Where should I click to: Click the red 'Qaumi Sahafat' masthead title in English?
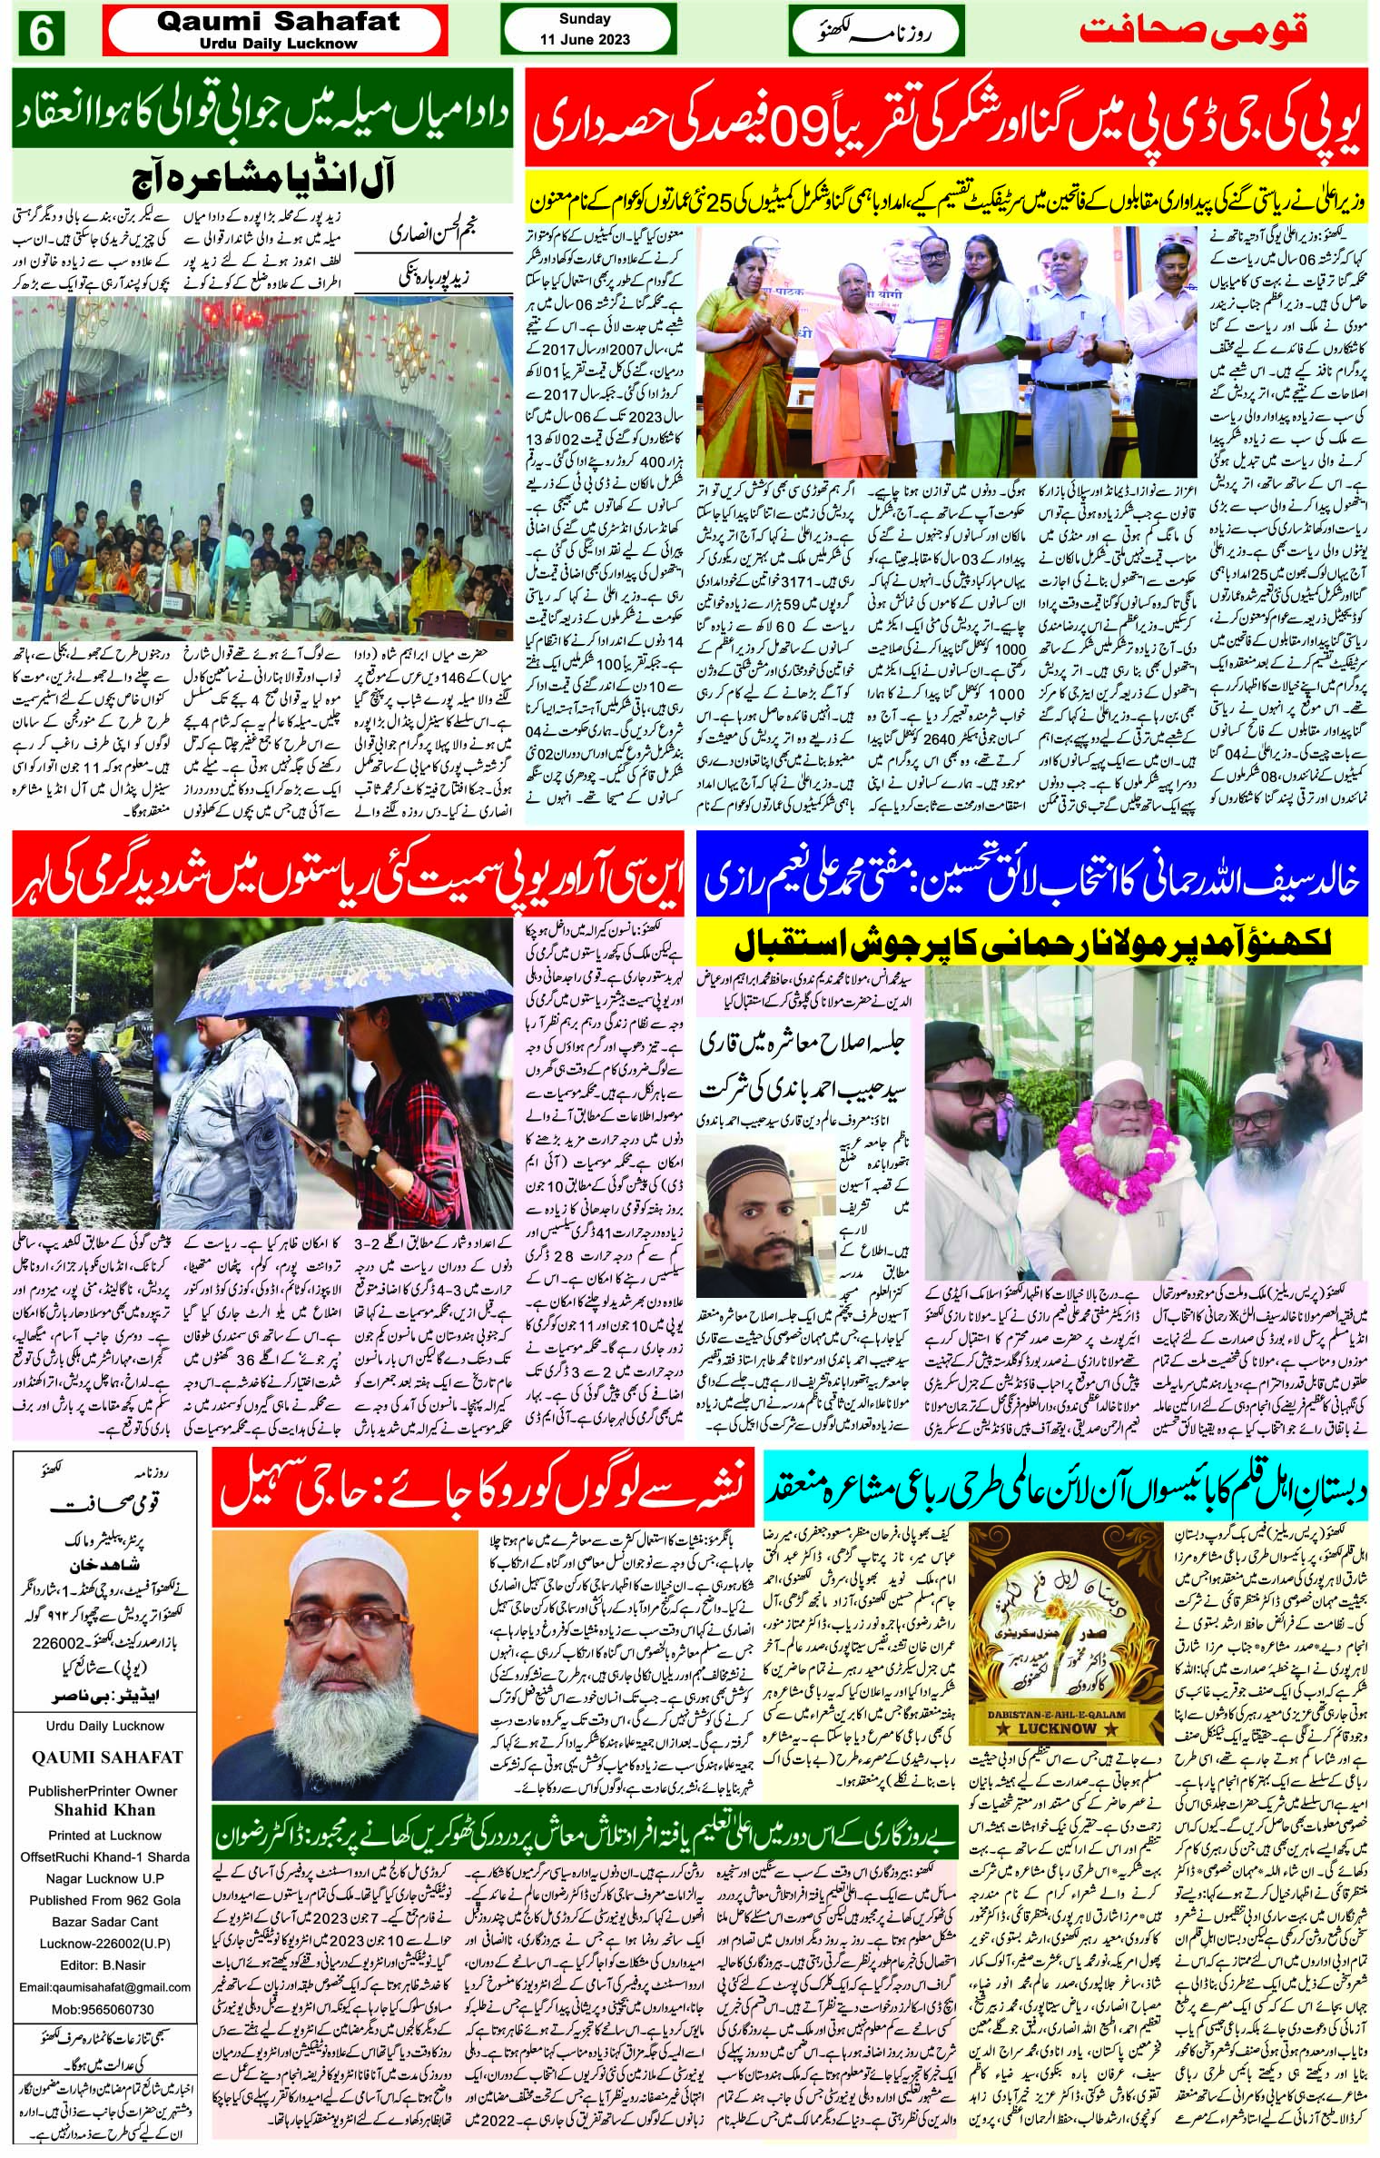[278, 22]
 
